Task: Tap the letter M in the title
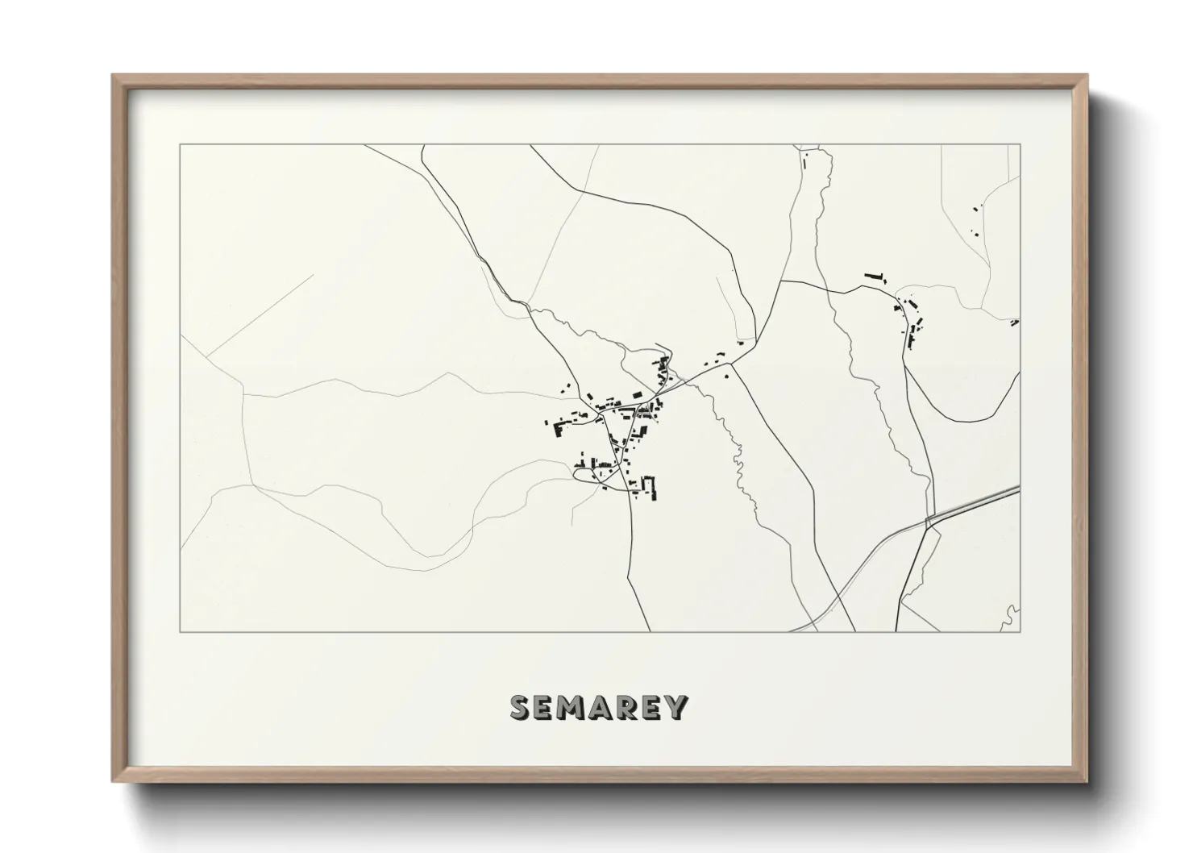573,707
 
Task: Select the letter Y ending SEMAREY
676,707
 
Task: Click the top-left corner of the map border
181,145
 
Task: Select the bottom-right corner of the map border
1020,631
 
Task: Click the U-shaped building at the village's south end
650,486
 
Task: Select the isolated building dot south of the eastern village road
726,375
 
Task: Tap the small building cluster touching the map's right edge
1015,322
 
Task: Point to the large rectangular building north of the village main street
636,394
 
